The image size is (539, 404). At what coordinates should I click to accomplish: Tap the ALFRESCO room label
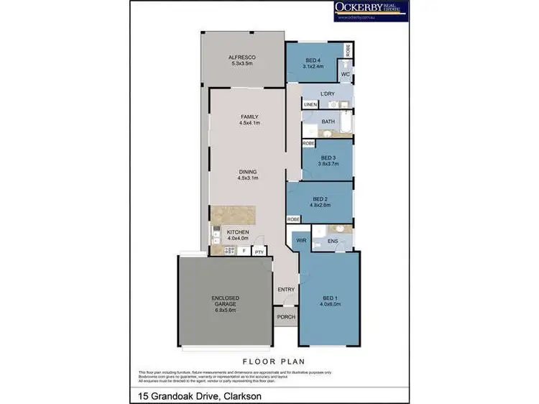click(x=242, y=57)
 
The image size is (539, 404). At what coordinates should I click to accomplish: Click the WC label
click(x=345, y=74)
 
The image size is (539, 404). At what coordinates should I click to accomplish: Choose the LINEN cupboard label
click(x=310, y=105)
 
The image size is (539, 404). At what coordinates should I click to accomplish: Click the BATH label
click(x=328, y=122)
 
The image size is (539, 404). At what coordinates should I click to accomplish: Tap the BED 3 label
click(x=328, y=157)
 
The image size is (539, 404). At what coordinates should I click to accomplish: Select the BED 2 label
click(x=321, y=199)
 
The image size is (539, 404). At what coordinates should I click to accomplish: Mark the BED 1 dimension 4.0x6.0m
click(x=330, y=304)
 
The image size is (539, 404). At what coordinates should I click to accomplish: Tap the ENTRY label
click(x=285, y=290)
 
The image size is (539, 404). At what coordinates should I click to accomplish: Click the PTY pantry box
click(x=259, y=251)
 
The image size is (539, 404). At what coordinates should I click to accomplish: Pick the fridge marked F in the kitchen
click(x=244, y=251)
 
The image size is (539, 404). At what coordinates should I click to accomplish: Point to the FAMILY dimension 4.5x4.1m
click(x=249, y=124)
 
